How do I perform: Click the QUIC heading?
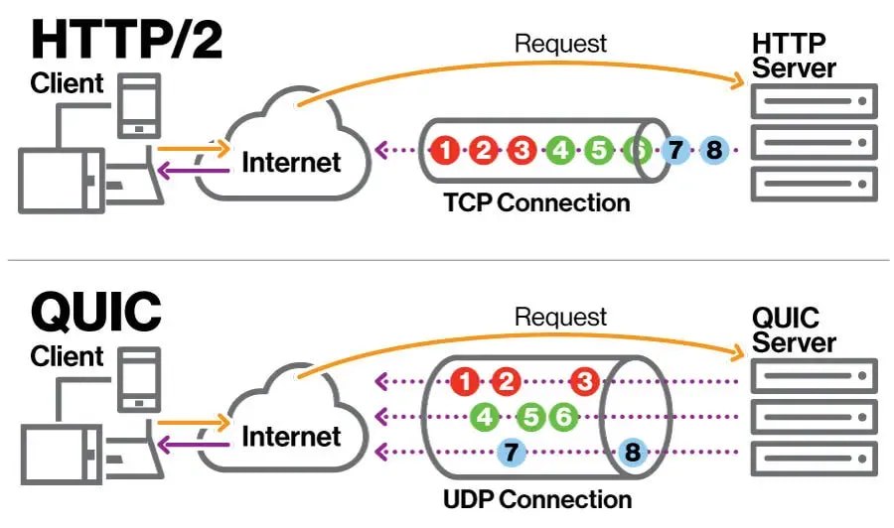point(96,311)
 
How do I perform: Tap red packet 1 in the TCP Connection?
point(446,151)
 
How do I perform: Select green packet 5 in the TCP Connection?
point(598,151)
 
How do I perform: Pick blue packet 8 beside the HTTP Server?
point(713,151)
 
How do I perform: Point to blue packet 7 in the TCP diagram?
point(675,151)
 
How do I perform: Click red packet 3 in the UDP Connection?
point(585,381)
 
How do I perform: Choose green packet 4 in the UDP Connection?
point(486,417)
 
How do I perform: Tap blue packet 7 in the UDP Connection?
point(511,453)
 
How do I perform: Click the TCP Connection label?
point(537,202)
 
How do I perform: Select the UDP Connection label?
point(537,497)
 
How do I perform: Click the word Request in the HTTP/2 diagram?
point(560,43)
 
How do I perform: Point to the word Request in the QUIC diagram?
point(560,318)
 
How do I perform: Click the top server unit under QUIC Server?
point(814,376)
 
